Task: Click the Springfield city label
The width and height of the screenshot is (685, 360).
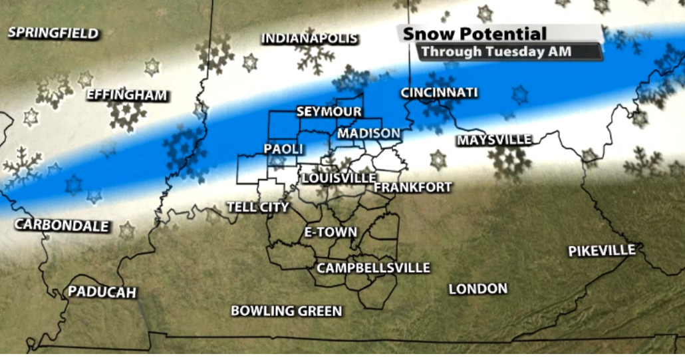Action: coord(53,33)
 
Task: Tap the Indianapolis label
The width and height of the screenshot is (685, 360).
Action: coord(309,39)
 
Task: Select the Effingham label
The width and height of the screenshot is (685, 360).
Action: coord(126,95)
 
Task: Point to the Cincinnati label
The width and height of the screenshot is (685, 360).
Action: coord(439,92)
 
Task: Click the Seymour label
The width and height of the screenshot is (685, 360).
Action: coord(329,112)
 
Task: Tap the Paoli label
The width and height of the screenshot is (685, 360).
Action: coord(284,149)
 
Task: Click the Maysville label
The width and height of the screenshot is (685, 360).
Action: coord(494,140)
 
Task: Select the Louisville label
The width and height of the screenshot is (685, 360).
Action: coord(339,178)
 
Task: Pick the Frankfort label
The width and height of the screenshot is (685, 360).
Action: coord(413,188)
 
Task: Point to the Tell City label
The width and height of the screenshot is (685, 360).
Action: coord(258,207)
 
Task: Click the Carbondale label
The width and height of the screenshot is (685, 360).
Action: coord(62,225)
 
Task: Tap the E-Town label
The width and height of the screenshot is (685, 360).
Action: coord(330,232)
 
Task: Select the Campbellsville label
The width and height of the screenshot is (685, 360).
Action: coord(373,268)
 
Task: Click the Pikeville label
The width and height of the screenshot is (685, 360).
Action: coord(601,251)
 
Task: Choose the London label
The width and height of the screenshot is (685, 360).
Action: coord(478,288)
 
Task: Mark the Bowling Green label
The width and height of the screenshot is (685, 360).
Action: coord(286,311)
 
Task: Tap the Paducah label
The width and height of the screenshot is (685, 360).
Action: coord(102,292)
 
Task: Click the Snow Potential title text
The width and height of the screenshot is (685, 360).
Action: coord(475,34)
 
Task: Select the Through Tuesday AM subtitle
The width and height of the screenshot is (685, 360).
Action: coord(496,51)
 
